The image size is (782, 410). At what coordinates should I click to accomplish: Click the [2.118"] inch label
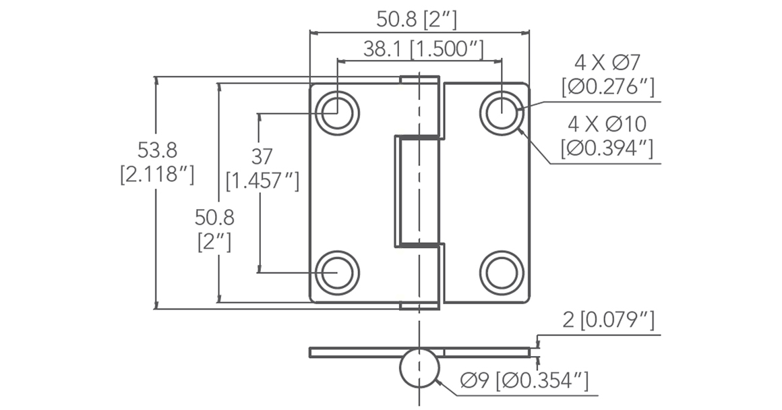click(157, 175)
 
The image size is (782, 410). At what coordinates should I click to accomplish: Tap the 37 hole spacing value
click(262, 156)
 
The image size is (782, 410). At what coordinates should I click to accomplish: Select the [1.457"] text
click(262, 181)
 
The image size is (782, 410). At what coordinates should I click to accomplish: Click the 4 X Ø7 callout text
click(607, 63)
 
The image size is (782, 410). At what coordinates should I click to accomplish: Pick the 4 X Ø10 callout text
click(607, 124)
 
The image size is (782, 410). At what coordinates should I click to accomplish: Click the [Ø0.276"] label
click(607, 87)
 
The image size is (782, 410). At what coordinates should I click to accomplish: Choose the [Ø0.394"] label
click(607, 148)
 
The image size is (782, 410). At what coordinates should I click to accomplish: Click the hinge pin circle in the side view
click(419, 369)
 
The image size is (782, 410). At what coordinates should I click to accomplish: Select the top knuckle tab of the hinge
click(419, 80)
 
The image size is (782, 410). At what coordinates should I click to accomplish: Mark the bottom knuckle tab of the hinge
click(419, 305)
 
